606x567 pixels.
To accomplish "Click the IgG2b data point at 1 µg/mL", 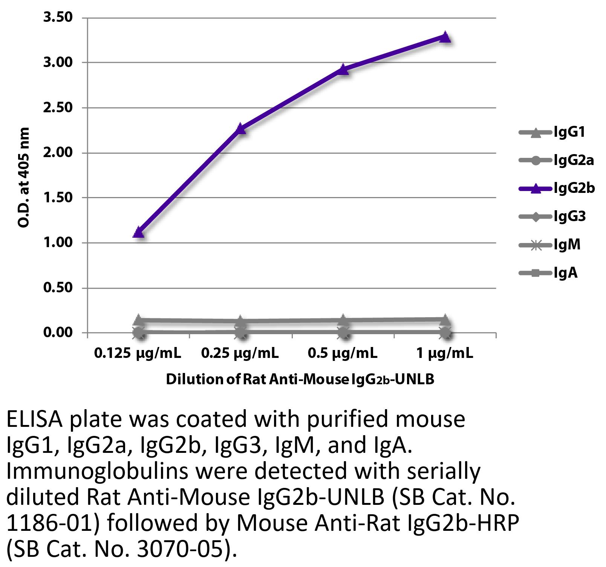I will (x=445, y=37).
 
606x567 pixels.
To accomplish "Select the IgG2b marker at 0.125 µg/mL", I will (x=139, y=232).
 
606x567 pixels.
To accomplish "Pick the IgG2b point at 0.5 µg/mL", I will (x=343, y=69).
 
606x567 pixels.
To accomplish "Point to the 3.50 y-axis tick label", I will (x=58, y=17).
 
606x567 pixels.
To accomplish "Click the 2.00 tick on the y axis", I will (x=58, y=153).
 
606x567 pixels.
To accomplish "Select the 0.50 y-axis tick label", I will (x=58, y=288).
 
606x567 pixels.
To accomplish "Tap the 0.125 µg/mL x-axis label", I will (x=138, y=353).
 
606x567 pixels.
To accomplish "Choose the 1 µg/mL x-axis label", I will (x=445, y=353).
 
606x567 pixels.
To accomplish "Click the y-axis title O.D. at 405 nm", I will (x=23, y=177).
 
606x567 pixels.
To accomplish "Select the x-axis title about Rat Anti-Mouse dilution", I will (x=300, y=379).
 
